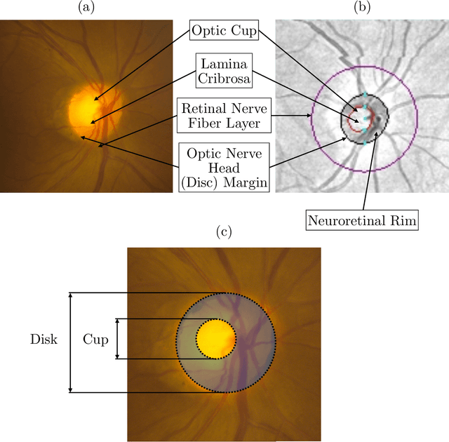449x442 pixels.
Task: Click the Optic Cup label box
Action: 224,32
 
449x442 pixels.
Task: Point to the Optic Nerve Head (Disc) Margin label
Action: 224,166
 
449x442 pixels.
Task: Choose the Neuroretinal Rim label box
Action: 362,220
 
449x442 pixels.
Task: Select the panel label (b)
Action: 362,8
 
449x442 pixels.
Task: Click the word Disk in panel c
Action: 43,340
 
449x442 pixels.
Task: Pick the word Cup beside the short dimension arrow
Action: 95,340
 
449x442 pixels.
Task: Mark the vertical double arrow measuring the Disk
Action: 69,342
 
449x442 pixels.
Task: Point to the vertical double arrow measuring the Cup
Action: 117,340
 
